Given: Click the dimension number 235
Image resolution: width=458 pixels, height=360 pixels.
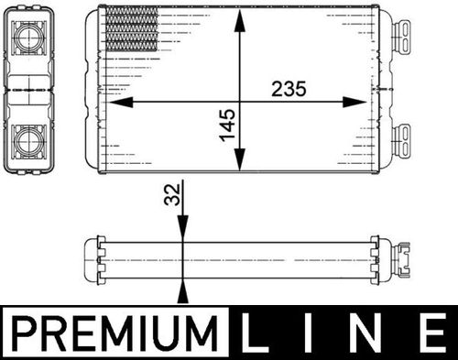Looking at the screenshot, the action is click(289, 89).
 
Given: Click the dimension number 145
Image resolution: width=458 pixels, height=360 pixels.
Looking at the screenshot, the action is click(227, 125).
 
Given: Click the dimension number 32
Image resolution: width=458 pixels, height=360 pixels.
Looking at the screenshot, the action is click(172, 194).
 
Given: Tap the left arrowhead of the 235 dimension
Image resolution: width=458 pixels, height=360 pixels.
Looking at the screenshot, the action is click(121, 103).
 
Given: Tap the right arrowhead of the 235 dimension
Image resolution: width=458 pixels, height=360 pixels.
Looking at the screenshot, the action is click(354, 103).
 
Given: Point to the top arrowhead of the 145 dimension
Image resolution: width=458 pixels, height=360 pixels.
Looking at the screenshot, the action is click(240, 20).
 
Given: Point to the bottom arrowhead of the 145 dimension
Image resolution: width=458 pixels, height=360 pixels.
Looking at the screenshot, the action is click(240, 159).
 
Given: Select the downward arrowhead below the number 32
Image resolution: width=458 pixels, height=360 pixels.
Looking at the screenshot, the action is click(182, 227).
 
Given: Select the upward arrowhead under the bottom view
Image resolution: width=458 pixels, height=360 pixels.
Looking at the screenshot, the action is click(182, 292).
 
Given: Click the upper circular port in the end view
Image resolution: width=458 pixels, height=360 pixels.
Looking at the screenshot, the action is click(29, 38).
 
